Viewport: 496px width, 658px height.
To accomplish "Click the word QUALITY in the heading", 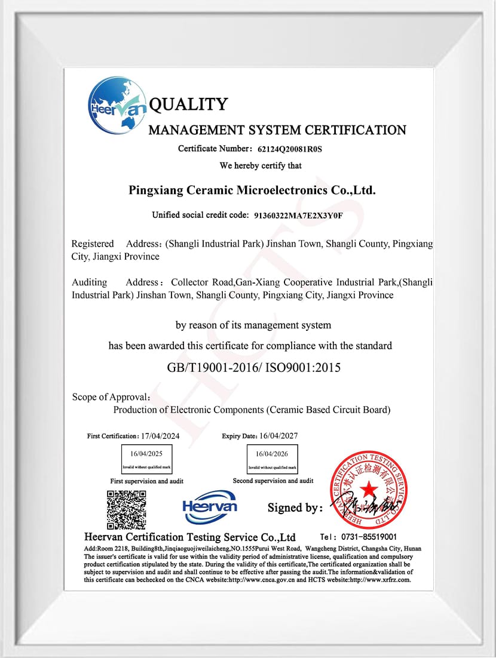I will pyautogui.click(x=188, y=104).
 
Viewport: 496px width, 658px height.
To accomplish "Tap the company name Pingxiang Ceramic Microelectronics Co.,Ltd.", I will pyautogui.click(x=252, y=190).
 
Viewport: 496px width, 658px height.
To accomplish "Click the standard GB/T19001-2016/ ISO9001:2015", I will pyautogui.click(x=254, y=367).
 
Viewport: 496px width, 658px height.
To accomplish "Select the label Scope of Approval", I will pyautogui.click(x=111, y=397).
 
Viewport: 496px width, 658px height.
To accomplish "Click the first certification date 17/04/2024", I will pyautogui.click(x=160, y=436).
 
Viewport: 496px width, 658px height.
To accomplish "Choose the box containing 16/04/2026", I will pyautogui.click(x=272, y=459).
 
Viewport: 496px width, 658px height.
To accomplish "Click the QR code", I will pyautogui.click(x=127, y=509).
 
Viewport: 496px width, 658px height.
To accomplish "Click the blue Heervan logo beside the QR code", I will pyautogui.click(x=210, y=506).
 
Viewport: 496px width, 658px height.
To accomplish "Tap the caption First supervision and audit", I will pyautogui.click(x=146, y=481).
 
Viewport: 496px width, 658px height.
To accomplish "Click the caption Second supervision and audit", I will pyautogui.click(x=273, y=481).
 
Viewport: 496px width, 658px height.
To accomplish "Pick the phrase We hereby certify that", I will pyautogui.click(x=261, y=165).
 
